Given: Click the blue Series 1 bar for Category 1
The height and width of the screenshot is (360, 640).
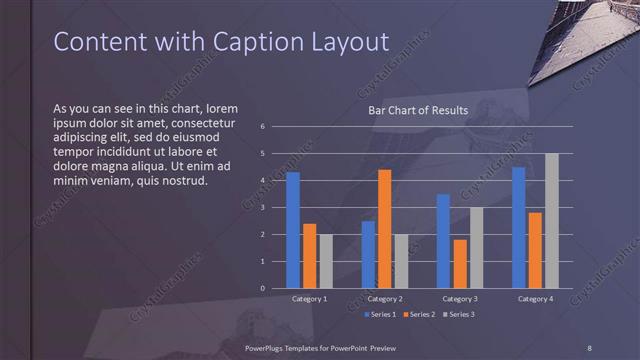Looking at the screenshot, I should point(293,230).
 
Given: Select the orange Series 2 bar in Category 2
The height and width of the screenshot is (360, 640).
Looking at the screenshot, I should point(385,229).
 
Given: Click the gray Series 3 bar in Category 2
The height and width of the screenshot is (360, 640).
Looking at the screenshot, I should point(401,261).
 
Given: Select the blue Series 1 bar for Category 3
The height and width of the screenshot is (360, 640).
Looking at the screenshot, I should point(443,241).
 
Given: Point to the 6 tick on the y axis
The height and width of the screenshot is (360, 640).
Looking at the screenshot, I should point(261,127).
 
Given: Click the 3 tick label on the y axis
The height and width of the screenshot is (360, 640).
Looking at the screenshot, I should point(261,208).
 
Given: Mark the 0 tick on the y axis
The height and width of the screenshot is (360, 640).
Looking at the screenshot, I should point(261,288).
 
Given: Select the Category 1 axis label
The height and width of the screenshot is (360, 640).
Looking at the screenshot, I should point(309,299).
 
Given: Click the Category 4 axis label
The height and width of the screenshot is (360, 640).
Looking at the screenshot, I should point(535,299).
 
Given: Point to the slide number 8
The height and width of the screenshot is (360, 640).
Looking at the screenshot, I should point(590,346).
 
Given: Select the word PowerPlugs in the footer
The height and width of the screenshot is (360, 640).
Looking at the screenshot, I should point(266,346).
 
